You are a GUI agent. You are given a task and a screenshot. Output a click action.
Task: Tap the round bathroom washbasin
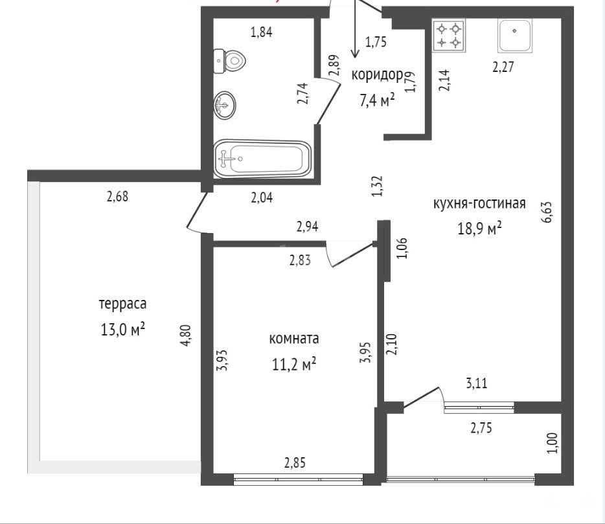click(x=225, y=104)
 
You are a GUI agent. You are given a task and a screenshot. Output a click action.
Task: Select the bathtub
click(x=262, y=159)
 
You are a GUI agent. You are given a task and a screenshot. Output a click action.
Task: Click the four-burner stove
click(x=449, y=36)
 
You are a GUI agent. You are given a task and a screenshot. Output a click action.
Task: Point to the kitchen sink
click(x=514, y=36)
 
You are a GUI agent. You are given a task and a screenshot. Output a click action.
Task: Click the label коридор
click(x=377, y=75)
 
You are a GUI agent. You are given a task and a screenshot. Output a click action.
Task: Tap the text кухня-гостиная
click(x=479, y=203)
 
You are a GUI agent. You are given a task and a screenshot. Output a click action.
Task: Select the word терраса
click(x=122, y=304)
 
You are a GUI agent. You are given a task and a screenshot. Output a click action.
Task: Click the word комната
click(x=294, y=339)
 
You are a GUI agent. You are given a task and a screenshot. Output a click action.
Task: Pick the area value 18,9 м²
click(x=479, y=228)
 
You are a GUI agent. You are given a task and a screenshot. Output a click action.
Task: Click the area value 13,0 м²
click(x=122, y=329)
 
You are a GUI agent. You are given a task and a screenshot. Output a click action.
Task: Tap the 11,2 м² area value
click(x=294, y=363)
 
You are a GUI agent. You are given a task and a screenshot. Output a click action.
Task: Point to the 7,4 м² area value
click(x=377, y=100)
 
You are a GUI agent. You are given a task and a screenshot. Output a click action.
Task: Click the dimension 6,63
click(x=547, y=212)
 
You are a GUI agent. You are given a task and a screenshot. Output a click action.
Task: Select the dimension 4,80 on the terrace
click(x=186, y=336)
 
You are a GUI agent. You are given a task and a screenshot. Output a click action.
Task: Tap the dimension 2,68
click(x=117, y=196)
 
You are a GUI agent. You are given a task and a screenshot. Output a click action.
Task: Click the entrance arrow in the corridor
click(x=354, y=29)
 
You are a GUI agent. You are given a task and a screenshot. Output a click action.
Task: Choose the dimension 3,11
click(x=477, y=383)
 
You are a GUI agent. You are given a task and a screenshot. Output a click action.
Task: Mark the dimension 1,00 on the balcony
click(x=553, y=443)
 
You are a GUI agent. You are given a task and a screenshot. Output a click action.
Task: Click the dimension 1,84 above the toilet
click(x=262, y=32)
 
